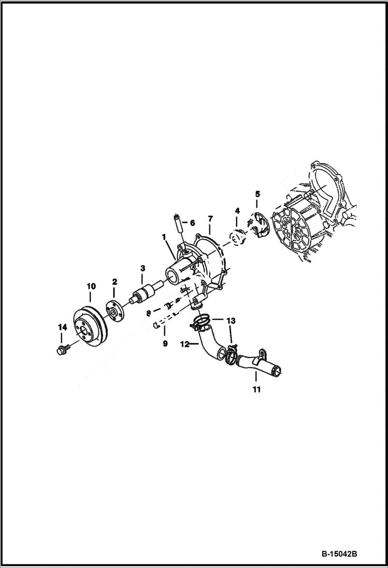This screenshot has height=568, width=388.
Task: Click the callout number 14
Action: (x=63, y=327)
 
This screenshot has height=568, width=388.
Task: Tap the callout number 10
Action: (x=91, y=286)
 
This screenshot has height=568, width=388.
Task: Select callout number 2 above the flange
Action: (x=114, y=282)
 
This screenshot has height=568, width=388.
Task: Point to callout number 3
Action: (x=143, y=268)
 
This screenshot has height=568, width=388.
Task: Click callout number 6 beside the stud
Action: (x=192, y=223)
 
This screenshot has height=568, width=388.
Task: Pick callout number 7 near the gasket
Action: (x=210, y=219)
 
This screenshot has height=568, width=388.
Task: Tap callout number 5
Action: (x=257, y=194)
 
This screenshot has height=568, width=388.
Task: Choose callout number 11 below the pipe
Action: (x=257, y=388)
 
